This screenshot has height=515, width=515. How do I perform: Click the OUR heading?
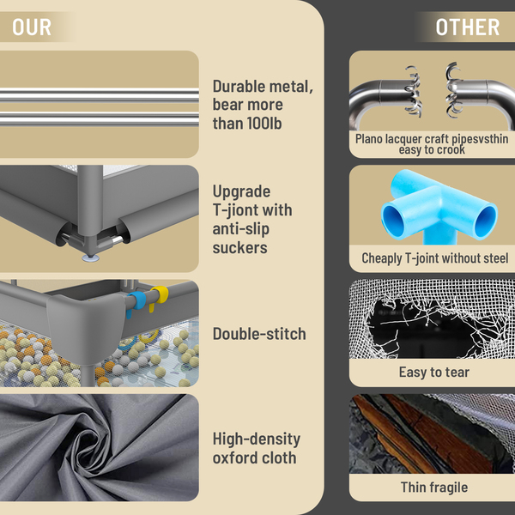(x=32, y=27)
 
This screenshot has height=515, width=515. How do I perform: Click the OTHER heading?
(x=467, y=27)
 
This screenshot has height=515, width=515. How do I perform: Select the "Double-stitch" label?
(x=259, y=334)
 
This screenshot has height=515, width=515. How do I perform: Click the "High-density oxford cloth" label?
(x=256, y=448)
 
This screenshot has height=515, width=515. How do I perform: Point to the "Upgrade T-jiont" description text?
(x=252, y=219)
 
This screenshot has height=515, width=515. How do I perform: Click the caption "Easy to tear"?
(x=433, y=372)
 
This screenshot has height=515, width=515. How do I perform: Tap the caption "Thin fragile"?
(x=433, y=487)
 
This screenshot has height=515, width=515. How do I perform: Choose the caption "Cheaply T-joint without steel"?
(x=433, y=257)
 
